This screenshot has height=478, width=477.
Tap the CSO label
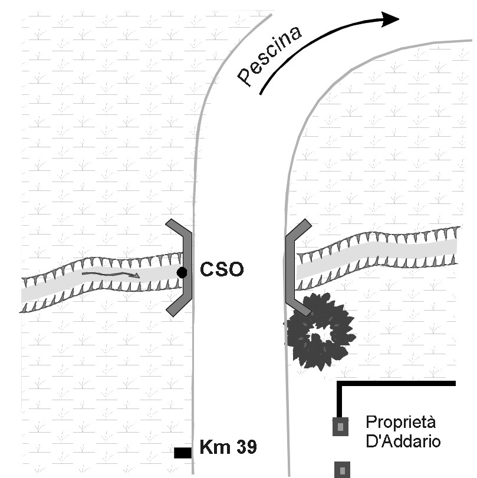221,271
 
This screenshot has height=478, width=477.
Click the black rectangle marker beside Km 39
183,453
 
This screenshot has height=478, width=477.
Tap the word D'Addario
403,440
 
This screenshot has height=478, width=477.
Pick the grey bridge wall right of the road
292,268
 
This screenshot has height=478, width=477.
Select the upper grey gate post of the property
340,426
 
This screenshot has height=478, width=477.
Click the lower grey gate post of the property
341,469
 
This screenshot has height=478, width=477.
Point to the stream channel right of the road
377,255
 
